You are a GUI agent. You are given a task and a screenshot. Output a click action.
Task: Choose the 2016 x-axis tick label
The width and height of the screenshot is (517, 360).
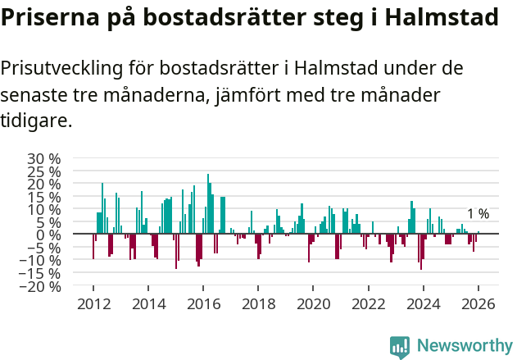203,303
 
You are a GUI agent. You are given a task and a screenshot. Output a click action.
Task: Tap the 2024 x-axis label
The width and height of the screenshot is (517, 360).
424,303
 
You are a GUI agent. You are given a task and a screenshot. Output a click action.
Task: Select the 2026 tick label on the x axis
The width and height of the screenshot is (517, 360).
478,303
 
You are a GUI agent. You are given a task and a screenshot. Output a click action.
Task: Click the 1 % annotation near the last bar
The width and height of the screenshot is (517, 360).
478,214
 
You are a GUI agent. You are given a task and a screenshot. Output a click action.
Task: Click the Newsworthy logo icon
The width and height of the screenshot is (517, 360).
400,347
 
